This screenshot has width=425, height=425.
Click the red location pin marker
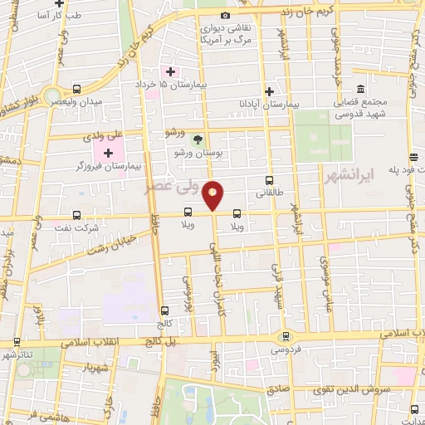pos(213,193)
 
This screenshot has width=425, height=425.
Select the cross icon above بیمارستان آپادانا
pos(269,91)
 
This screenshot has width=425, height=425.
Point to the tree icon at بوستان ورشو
pos(197,139)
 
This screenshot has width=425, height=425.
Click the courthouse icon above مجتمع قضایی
pos(360,90)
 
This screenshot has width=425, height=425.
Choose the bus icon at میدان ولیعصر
pos(76,89)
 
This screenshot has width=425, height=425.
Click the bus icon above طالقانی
pos(269,179)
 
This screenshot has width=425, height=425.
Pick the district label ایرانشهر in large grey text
pos(387,174)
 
